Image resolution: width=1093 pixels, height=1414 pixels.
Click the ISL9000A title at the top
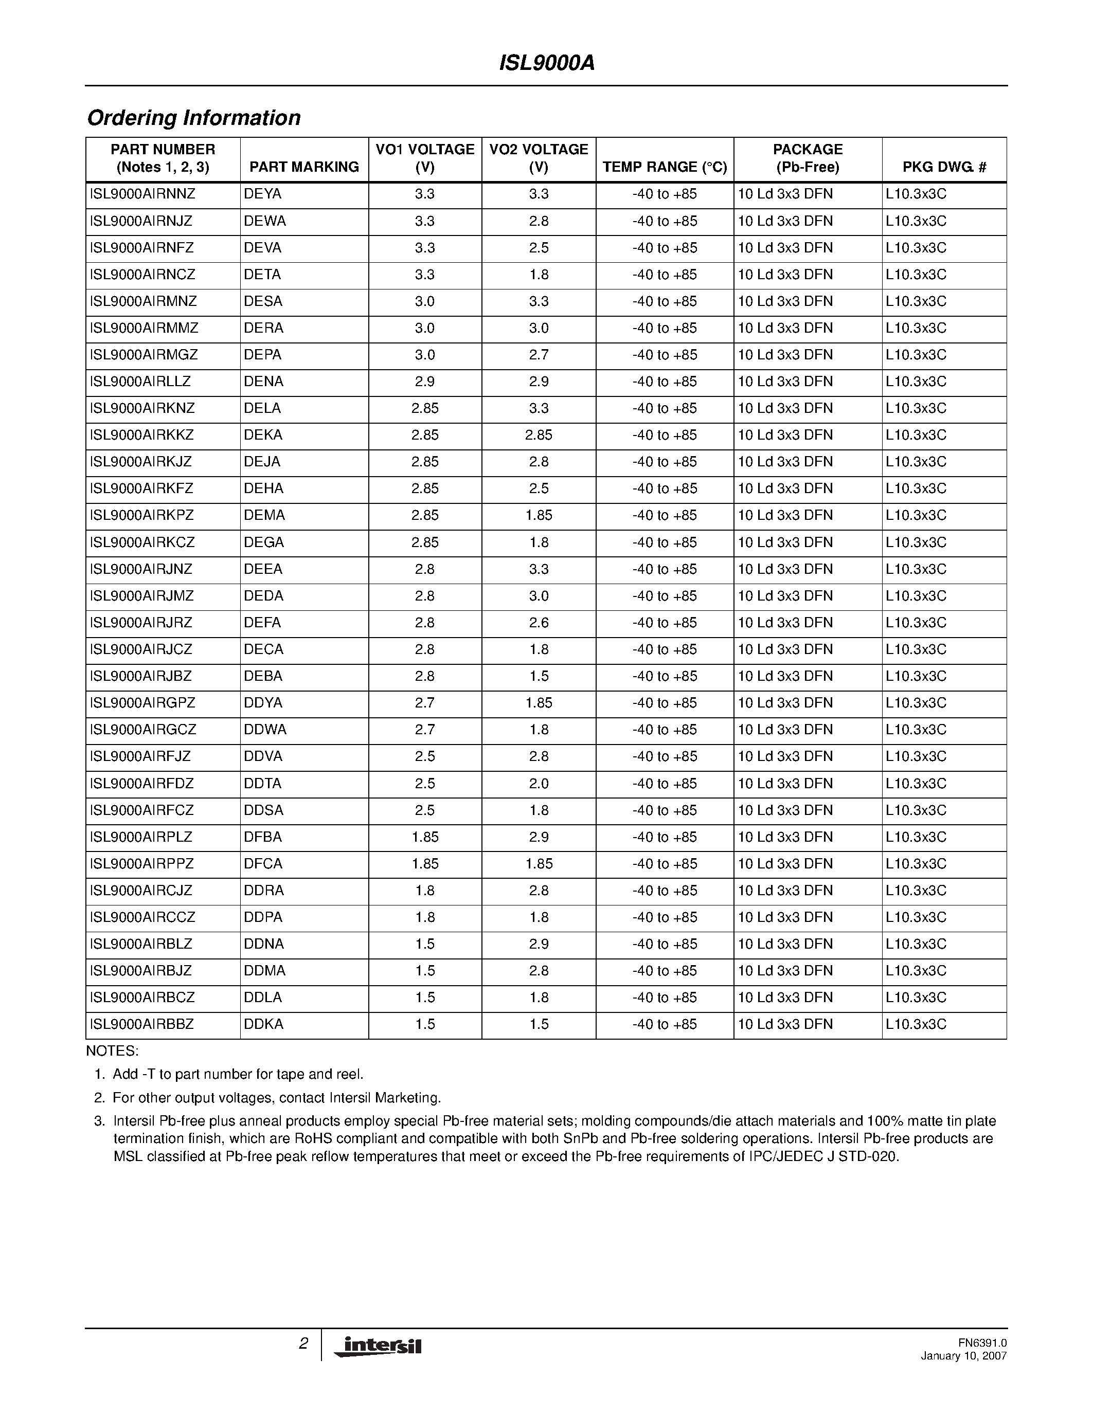[x=546, y=63]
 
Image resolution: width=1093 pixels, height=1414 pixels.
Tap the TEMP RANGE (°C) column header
[x=665, y=167]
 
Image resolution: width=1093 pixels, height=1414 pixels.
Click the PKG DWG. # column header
[x=944, y=167]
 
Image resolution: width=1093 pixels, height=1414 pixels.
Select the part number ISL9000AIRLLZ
[x=140, y=382]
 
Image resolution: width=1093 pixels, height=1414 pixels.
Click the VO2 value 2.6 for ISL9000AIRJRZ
[x=539, y=623]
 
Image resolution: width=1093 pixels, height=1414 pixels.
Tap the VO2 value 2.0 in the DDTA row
[x=539, y=784]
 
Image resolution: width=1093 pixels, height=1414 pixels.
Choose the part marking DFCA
[x=263, y=864]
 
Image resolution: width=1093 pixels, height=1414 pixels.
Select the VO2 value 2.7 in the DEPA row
[x=539, y=355]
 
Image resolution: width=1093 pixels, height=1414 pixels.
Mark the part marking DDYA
[x=263, y=703]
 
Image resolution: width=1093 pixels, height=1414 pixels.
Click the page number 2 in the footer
[x=303, y=1344]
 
